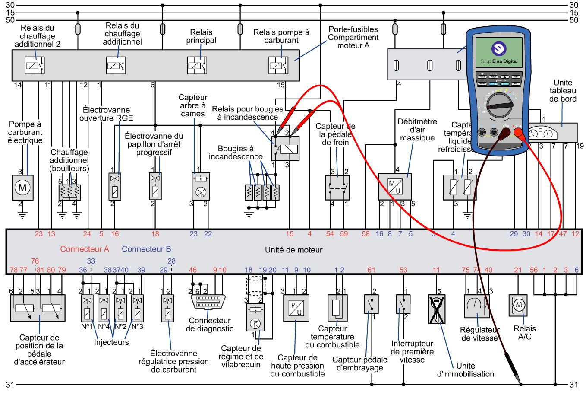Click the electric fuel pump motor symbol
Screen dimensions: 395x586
point(22,188)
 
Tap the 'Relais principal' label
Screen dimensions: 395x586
point(201,36)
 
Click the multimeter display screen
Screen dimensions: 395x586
point(499,52)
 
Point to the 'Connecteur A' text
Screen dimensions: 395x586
point(85,249)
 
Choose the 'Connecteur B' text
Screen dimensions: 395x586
point(146,249)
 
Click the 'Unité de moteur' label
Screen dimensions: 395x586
point(293,250)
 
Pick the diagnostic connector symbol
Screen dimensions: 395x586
point(208,302)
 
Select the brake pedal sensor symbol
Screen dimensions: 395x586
point(337,188)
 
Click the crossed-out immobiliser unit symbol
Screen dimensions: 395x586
point(437,309)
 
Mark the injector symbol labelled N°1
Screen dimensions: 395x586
point(87,308)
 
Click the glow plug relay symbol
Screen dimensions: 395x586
point(285,149)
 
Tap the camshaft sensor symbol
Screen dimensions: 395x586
point(200,186)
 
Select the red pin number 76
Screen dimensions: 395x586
point(35,261)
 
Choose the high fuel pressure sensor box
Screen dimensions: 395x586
point(296,308)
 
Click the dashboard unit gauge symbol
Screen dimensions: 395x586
point(544,133)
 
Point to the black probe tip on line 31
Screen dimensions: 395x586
point(520,383)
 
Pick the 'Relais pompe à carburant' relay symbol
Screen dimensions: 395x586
point(278,66)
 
